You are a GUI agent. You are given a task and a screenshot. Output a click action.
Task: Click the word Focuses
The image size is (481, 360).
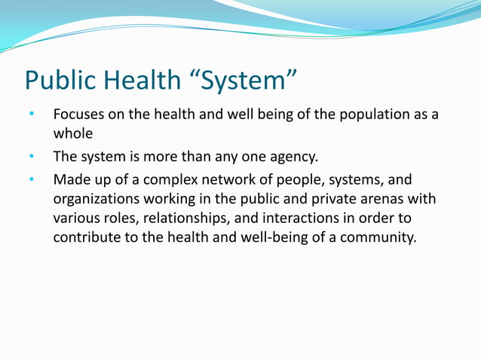point(78,115)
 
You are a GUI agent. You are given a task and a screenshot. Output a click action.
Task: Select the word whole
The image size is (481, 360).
point(72,133)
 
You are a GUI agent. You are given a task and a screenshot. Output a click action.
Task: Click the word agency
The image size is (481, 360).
point(294,157)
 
